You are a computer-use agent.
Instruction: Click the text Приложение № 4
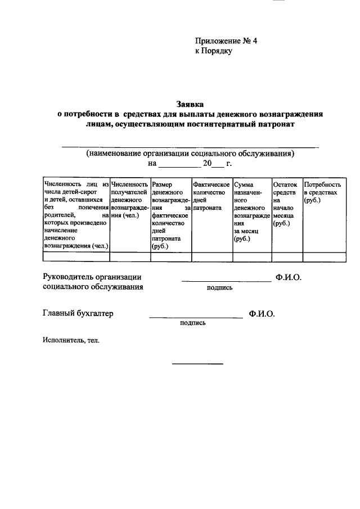[x=221, y=41]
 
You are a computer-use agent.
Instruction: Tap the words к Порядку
[x=213, y=51]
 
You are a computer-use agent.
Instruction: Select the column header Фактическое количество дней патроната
[x=211, y=196]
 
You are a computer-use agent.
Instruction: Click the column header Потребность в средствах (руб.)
[x=322, y=192]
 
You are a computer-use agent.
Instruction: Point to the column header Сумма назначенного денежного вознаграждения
[x=250, y=211]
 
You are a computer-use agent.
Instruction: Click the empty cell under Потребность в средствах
[x=324, y=256]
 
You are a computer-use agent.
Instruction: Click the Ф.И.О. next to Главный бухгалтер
[x=261, y=314]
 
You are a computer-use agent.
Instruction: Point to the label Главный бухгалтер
[x=78, y=314]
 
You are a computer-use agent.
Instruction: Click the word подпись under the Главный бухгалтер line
[x=192, y=323]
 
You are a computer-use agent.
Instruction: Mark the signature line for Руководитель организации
[x=226, y=280]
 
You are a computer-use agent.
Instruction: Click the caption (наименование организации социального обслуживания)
[x=190, y=153]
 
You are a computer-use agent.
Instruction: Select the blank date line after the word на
[x=179, y=166]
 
